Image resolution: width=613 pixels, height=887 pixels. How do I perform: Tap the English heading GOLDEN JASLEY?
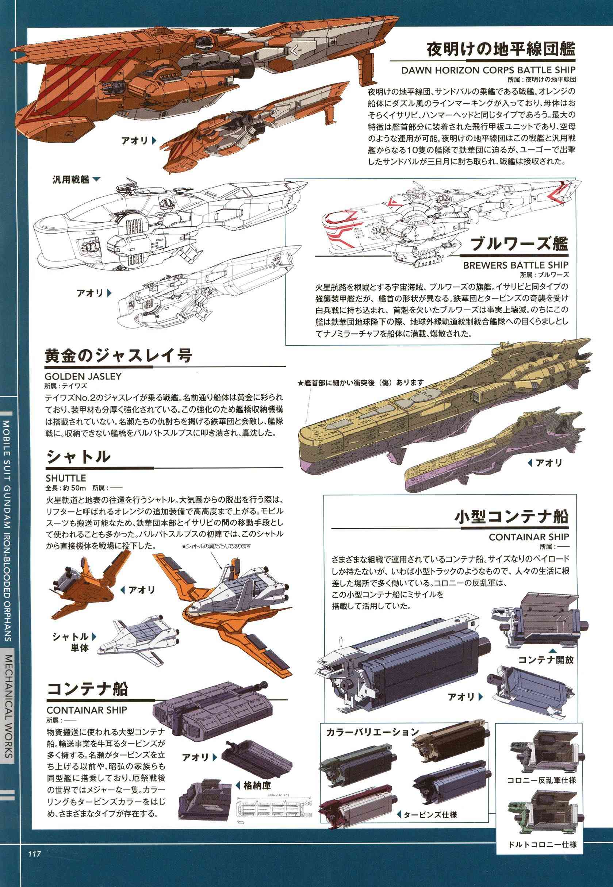83,376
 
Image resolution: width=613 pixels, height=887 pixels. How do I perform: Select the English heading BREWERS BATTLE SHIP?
516,265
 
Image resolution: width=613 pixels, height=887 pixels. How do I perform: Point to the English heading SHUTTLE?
66,478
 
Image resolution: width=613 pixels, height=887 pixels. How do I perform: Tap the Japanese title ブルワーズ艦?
519,244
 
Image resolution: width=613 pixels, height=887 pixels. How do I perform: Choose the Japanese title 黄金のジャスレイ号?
119,356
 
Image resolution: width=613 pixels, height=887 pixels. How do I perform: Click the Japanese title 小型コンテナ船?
511,517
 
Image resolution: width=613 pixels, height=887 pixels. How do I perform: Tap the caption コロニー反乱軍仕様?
541,767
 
